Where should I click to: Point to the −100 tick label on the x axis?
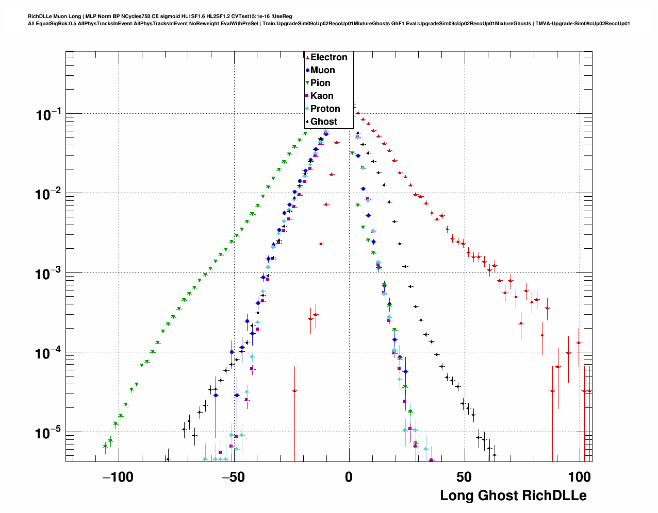coord(118,477)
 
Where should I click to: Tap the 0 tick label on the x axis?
coord(349,477)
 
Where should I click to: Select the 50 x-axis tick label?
coord(464,477)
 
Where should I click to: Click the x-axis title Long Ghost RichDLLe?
coord(513,496)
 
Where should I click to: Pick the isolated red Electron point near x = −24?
coord(294,391)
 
